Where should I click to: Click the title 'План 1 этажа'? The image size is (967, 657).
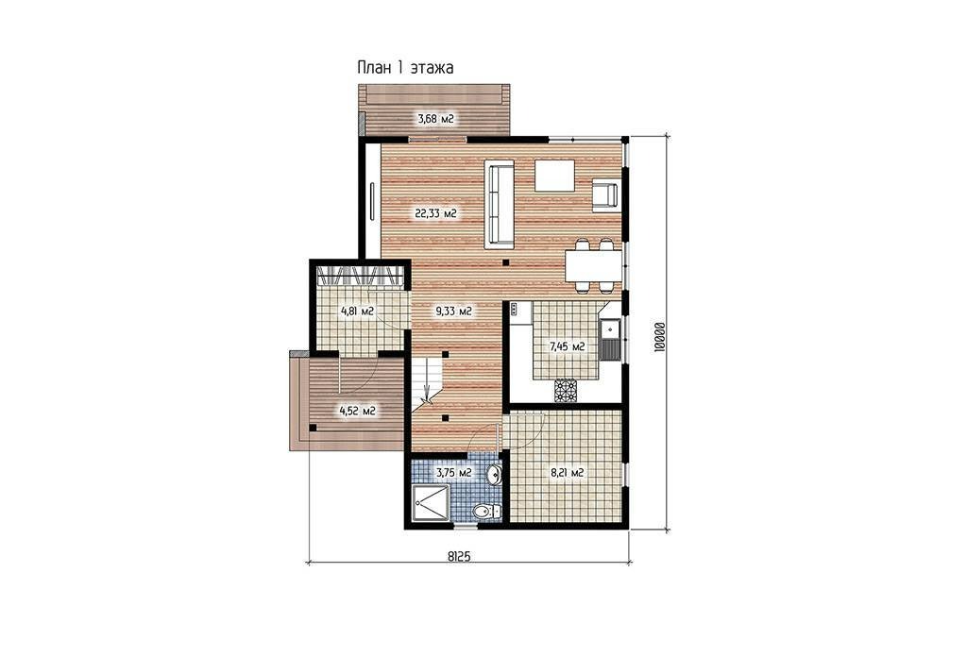point(405,68)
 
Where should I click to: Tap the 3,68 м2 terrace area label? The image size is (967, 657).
point(436,118)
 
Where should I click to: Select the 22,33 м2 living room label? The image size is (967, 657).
point(435,214)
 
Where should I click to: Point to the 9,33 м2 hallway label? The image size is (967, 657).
point(453,312)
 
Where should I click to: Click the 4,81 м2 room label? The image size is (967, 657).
point(358,312)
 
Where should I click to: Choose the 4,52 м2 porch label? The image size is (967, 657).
point(358,411)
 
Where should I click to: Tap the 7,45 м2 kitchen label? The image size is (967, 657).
point(568,346)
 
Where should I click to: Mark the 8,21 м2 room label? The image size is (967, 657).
point(567,473)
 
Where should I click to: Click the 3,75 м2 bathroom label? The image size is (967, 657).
point(454,473)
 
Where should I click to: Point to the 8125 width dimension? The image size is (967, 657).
point(459,556)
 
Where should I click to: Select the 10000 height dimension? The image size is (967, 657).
point(659,336)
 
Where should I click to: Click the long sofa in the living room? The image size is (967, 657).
point(500,204)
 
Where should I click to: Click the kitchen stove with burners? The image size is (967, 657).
point(566,390)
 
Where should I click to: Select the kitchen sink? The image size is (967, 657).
point(611,340)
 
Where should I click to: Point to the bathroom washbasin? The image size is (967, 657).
point(494,475)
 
